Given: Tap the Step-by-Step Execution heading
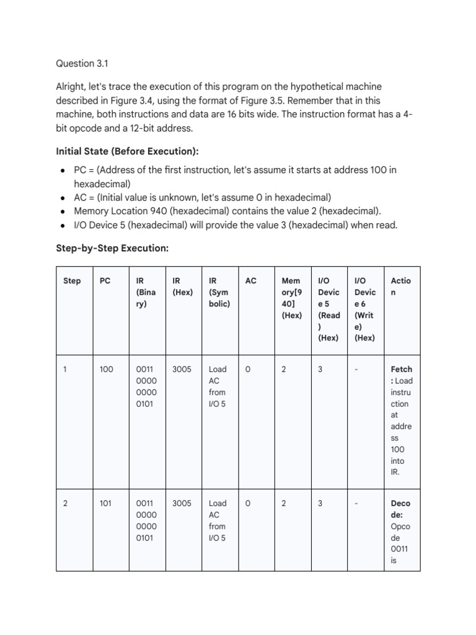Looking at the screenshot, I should [112, 248].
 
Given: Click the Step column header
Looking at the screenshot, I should [72, 281].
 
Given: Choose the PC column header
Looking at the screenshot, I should [105, 281].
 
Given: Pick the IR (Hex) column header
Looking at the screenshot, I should [182, 286].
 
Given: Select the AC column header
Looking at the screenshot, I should [250, 281].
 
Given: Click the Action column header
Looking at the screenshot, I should [400, 286].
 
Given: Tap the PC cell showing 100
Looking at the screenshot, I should [107, 370].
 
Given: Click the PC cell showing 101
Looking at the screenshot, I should [105, 504].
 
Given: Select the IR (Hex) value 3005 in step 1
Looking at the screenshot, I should [182, 370].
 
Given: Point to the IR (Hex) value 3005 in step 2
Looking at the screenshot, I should [182, 504].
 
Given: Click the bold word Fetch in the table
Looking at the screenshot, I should [402, 370].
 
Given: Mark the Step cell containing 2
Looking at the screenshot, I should [66, 504].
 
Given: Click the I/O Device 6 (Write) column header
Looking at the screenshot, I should [364, 309].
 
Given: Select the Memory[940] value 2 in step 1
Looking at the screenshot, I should [284, 370].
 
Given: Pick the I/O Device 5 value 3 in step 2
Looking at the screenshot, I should [320, 504].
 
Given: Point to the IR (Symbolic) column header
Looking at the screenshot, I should [219, 292].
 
